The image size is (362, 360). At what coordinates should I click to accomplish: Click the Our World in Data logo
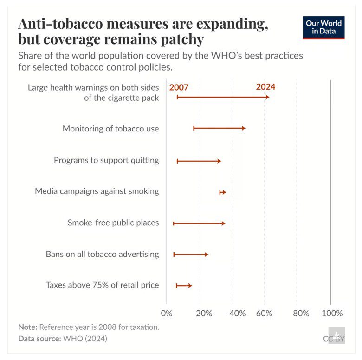pyautogui.click(x=324, y=28)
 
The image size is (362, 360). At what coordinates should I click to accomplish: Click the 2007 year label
pyautogui.click(x=179, y=87)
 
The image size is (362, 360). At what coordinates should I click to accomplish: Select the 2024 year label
pyautogui.click(x=265, y=87)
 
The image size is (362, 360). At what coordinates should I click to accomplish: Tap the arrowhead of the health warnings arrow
pyautogui.click(x=267, y=97)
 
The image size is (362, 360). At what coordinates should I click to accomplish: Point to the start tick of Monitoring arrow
pyautogui.click(x=194, y=128)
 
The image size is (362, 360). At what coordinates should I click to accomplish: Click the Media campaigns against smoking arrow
pyautogui.click(x=223, y=192)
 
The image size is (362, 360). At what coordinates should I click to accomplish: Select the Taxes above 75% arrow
pyautogui.click(x=184, y=286)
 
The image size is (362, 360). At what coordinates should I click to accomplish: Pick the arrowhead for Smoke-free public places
pyautogui.click(x=223, y=223)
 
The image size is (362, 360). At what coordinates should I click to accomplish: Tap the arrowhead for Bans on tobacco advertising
pyautogui.click(x=206, y=255)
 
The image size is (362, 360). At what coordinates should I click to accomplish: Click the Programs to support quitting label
pyautogui.click(x=106, y=160)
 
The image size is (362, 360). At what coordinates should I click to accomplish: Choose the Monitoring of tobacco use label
pyautogui.click(x=110, y=129)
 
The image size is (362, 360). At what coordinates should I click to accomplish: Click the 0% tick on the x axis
pyautogui.click(x=166, y=313)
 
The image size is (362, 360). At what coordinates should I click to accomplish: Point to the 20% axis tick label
pyautogui.click(x=204, y=313)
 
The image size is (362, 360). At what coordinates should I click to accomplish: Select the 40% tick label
pyautogui.click(x=237, y=313)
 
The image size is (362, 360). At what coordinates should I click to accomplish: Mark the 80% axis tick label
pyautogui.click(x=301, y=313)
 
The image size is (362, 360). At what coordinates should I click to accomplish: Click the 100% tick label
pyautogui.click(x=332, y=313)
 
